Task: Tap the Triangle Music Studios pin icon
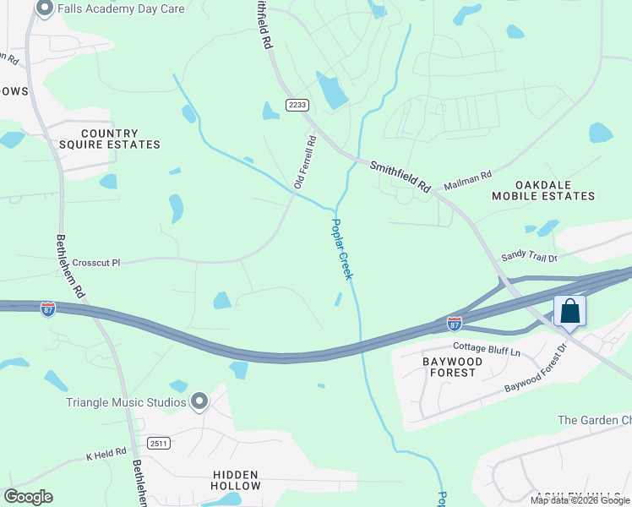(x=199, y=401)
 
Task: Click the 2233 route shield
(x=297, y=105)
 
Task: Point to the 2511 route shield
(x=157, y=443)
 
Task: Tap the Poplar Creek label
(x=341, y=250)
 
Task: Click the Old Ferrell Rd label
(x=305, y=161)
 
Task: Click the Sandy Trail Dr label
(x=529, y=256)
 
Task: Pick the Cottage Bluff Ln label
(x=486, y=347)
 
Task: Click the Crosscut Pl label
(x=97, y=263)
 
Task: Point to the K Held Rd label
(x=106, y=455)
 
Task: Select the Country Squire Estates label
(x=120, y=139)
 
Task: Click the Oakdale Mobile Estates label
(x=554, y=190)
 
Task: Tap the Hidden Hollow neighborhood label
(x=236, y=480)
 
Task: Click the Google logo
(x=29, y=497)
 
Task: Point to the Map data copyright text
(x=580, y=500)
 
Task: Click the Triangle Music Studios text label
(x=126, y=402)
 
